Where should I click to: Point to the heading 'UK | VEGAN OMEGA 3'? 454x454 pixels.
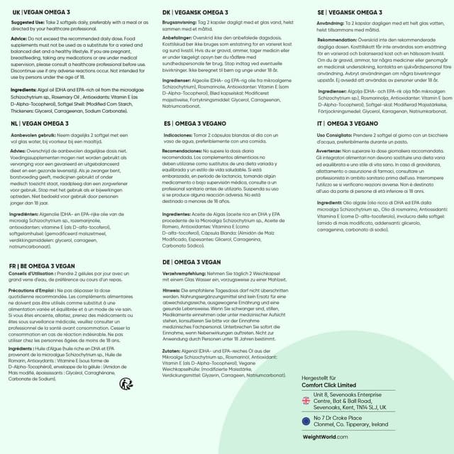(x=40, y=12)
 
